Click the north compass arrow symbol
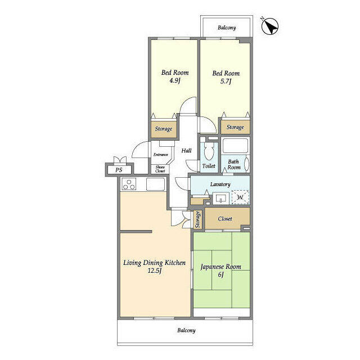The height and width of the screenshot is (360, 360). click(x=270, y=26)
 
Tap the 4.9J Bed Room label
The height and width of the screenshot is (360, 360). click(x=175, y=76)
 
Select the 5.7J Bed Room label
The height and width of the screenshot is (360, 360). click(x=226, y=77)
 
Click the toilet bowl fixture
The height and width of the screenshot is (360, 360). click(x=209, y=151)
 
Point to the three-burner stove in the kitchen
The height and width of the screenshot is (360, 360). click(x=129, y=184)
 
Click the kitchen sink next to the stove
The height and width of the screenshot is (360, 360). click(x=155, y=184)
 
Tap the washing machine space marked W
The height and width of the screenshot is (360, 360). click(x=240, y=197)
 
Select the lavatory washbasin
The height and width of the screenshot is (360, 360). click(x=221, y=198)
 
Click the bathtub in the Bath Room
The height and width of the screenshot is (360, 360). click(x=235, y=146)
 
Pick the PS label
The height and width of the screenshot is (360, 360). click(x=119, y=170)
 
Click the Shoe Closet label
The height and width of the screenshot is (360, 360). click(x=160, y=169)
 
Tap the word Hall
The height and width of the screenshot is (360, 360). click(x=186, y=151)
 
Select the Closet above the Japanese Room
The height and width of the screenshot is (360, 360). click(x=225, y=219)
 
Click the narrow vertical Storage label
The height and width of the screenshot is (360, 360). click(x=197, y=219)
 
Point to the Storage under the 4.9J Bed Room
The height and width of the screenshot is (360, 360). click(x=164, y=129)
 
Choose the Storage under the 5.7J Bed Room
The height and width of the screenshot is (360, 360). click(x=235, y=127)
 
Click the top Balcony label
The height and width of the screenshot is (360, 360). click(x=227, y=28)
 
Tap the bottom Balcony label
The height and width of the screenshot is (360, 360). click(x=186, y=330)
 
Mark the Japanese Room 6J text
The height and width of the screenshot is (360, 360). click(x=221, y=270)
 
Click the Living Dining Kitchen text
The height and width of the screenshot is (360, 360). click(x=155, y=266)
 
